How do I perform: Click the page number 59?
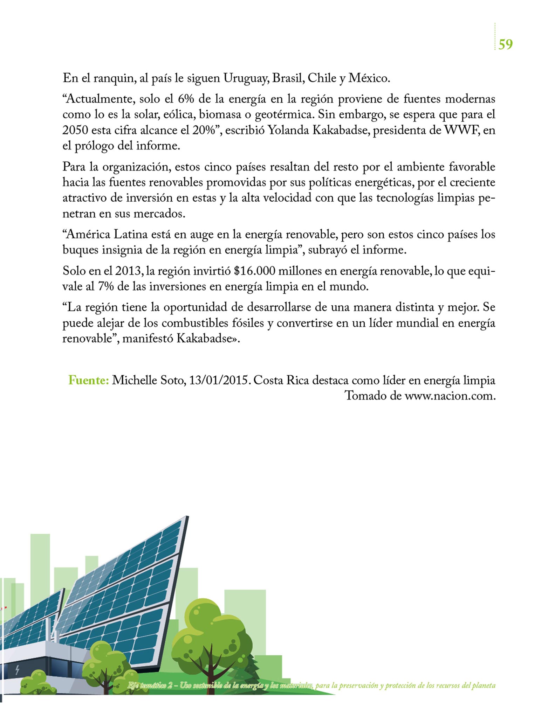[505, 44]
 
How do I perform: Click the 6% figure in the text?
[186, 99]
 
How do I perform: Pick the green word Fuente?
[89, 380]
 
